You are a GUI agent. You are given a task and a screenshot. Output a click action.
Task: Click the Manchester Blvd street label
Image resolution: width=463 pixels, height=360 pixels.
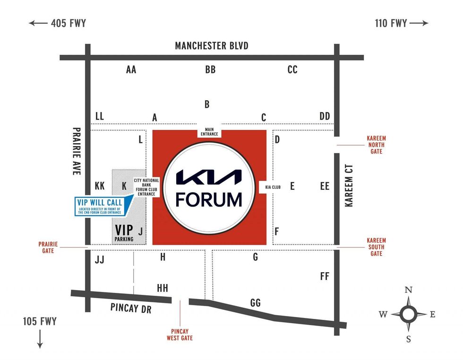[211, 46]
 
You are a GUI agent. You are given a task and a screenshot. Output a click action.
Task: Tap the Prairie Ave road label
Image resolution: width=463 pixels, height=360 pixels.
[77, 151]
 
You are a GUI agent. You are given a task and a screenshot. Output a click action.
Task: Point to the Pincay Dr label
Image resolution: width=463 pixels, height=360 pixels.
[130, 307]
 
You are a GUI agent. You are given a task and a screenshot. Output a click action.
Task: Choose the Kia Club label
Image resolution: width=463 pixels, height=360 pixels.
[270, 187]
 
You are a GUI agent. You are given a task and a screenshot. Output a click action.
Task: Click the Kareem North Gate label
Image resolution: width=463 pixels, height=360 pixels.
[376, 145]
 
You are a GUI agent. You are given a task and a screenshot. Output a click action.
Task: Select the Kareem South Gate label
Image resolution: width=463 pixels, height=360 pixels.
[376, 247]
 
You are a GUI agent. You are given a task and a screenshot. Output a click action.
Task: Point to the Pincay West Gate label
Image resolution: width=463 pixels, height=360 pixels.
[180, 335]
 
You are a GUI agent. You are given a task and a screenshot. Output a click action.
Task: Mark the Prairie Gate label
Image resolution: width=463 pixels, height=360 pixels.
[48, 248]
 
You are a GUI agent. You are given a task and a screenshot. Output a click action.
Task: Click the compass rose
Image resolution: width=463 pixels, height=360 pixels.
[408, 313]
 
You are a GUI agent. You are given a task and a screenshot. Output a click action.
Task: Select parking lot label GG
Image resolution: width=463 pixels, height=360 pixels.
[255, 303]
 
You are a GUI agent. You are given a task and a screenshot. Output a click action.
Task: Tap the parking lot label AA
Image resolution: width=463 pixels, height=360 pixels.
[131, 70]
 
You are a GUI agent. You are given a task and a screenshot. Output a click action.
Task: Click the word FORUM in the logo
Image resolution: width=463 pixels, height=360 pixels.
[209, 199]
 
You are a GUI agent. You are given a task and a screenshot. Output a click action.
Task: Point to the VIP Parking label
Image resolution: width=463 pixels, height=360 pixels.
[124, 233]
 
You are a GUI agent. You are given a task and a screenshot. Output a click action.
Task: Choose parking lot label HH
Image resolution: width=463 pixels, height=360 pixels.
[163, 288]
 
